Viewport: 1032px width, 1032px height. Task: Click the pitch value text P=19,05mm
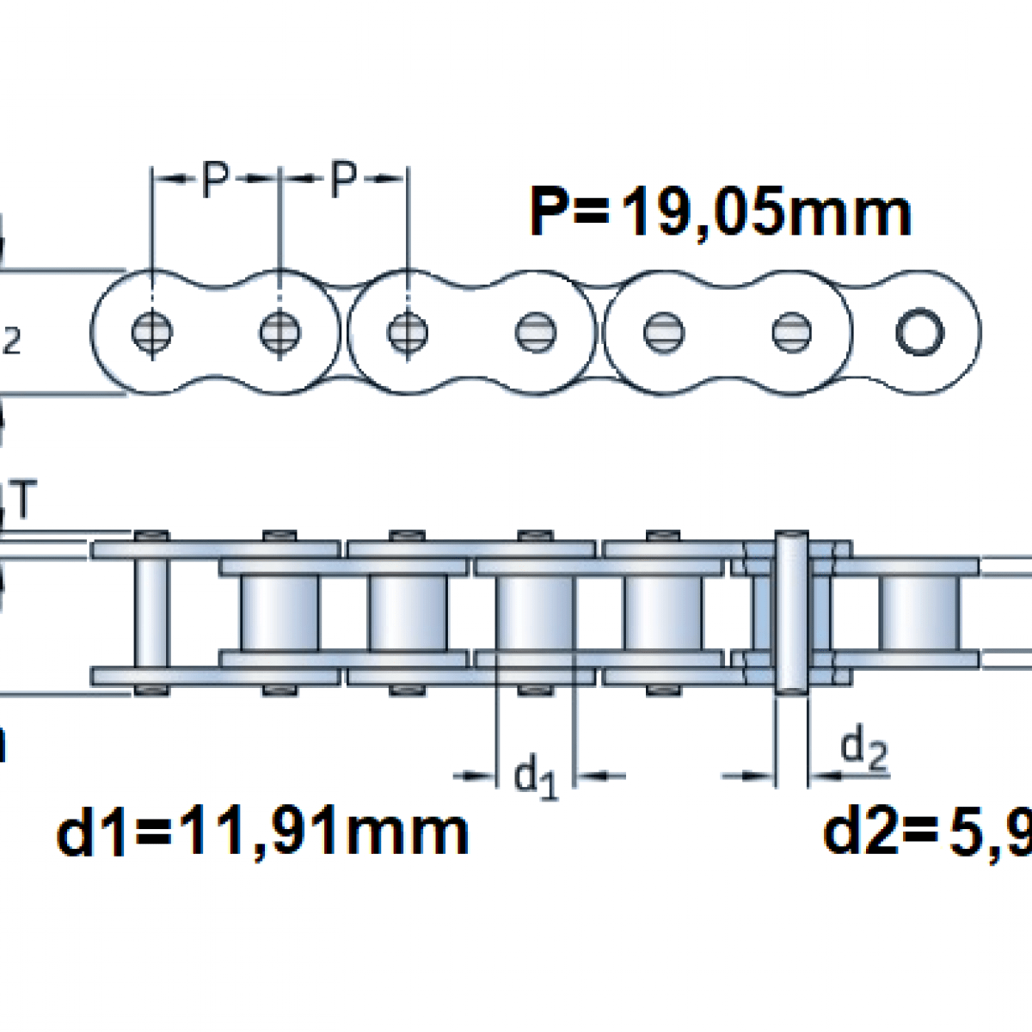click(720, 212)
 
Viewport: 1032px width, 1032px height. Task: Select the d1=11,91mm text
click(262, 832)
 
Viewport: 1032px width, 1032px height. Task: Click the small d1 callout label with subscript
click(536, 775)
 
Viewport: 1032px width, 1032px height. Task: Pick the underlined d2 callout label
click(863, 749)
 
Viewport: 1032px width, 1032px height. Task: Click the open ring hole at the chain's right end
click(919, 331)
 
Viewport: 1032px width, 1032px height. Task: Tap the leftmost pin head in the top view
click(152, 331)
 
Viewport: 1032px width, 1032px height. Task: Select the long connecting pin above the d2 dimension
click(791, 612)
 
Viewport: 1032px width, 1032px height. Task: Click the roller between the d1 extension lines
click(535, 612)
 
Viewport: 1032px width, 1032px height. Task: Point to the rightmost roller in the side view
click(918, 612)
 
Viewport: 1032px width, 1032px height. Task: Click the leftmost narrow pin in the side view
click(152, 612)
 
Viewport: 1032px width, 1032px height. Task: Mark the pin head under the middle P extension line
click(279, 331)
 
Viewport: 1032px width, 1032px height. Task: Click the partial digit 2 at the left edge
click(11, 341)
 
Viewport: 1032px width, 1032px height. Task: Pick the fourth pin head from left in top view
click(535, 331)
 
